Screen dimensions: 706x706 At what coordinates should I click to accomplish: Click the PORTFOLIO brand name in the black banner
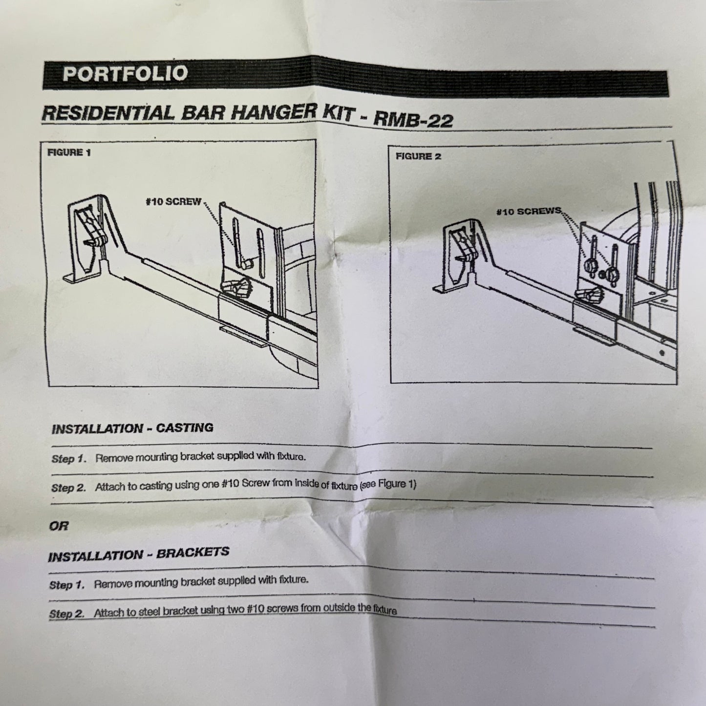click(125, 74)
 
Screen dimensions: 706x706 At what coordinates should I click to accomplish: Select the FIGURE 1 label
click(69, 152)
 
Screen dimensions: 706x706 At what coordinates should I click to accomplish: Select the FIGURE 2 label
click(418, 156)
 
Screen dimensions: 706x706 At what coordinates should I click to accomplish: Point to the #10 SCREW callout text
click(173, 202)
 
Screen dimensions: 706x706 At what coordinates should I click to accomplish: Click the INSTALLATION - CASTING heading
click(132, 428)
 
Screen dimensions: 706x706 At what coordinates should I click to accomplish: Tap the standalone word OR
click(59, 527)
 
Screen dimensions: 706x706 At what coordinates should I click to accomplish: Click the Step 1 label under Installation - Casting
click(69, 459)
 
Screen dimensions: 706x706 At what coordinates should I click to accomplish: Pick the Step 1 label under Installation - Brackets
click(67, 585)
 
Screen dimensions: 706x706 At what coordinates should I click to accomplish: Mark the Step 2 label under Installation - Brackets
click(66, 614)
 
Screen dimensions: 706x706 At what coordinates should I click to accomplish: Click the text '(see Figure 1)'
click(387, 484)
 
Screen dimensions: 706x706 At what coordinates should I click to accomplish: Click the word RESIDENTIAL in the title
click(108, 113)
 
